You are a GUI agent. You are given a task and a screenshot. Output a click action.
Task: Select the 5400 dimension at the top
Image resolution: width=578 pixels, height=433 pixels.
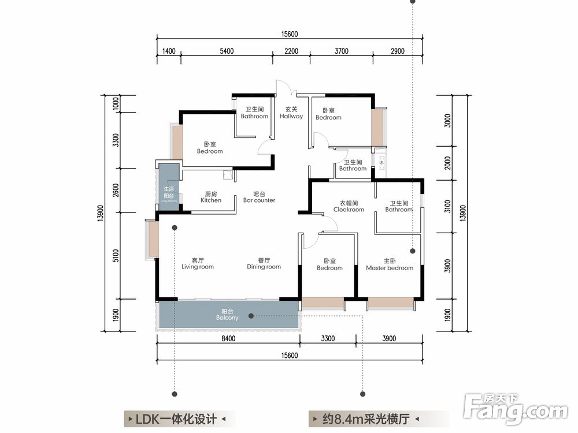[227, 51]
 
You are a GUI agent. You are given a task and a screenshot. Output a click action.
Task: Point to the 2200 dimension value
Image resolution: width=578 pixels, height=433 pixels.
[291, 51]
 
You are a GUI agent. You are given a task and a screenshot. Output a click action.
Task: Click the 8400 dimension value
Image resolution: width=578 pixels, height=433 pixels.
[229, 339]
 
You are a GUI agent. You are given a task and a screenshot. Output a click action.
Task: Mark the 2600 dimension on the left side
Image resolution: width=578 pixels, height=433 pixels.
[116, 190]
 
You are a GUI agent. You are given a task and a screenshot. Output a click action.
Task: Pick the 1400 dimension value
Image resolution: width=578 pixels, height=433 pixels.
[169, 51]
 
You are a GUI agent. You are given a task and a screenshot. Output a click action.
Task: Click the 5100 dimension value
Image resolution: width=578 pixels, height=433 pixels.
[116, 256]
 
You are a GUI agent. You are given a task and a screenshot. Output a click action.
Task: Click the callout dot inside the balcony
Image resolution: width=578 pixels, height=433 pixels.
[252, 316]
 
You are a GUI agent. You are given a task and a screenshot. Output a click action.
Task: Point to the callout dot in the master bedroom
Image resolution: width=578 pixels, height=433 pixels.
[413, 251]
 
